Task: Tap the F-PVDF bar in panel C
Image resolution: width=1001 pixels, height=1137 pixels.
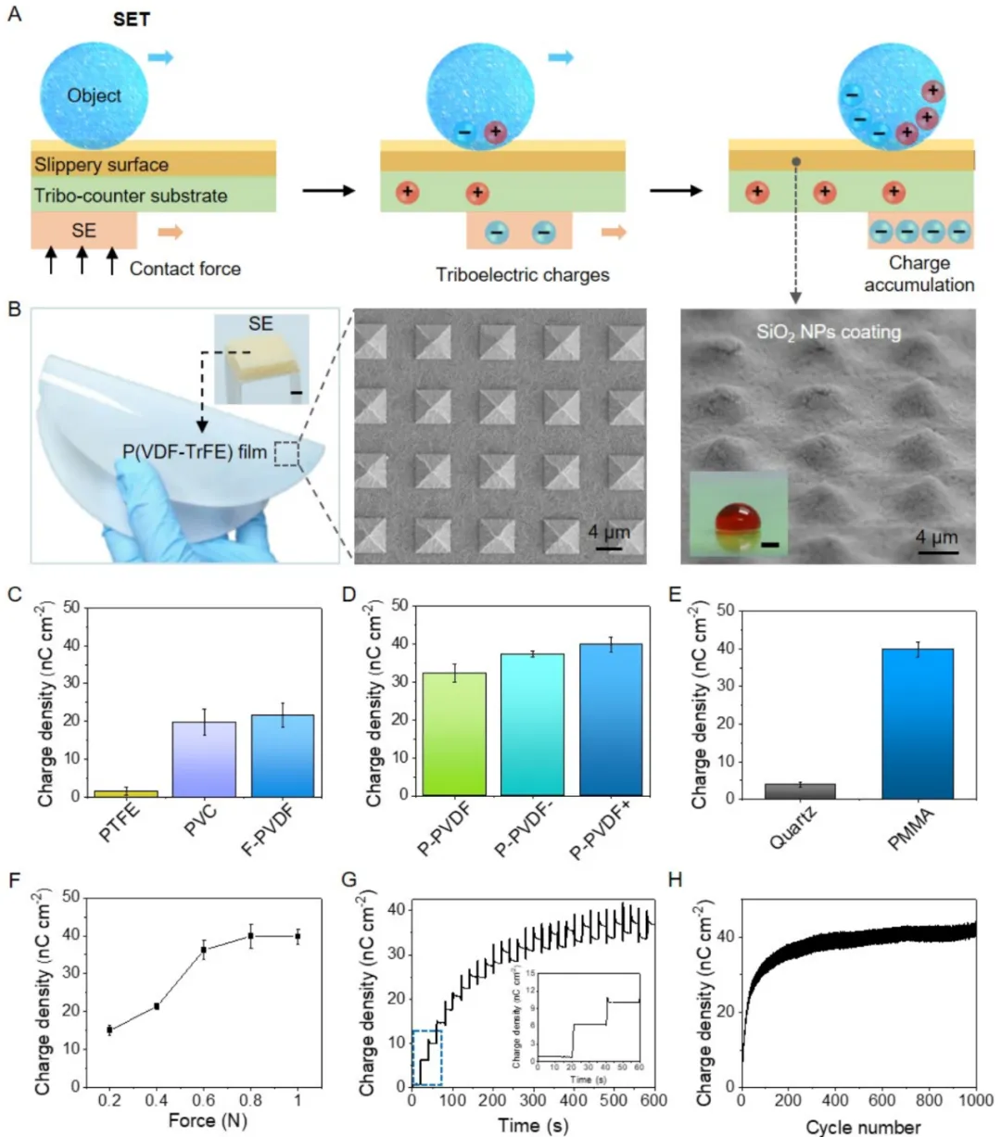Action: tap(283, 755)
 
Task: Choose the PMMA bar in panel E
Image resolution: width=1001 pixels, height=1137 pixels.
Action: tap(918, 723)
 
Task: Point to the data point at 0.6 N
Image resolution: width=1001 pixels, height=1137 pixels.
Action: tap(204, 950)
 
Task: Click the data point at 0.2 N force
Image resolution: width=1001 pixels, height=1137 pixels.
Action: tap(109, 1030)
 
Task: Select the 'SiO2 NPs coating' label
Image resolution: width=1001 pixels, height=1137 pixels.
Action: tap(829, 332)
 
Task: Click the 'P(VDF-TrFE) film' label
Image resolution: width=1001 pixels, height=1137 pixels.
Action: tap(195, 452)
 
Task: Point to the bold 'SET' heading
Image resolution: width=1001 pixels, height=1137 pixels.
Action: tap(132, 20)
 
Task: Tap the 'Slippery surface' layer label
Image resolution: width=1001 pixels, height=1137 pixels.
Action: tap(102, 165)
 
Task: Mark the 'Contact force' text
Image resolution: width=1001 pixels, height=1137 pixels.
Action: tap(185, 269)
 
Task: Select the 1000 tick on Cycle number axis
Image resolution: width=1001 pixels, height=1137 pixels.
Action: tap(974, 1101)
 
